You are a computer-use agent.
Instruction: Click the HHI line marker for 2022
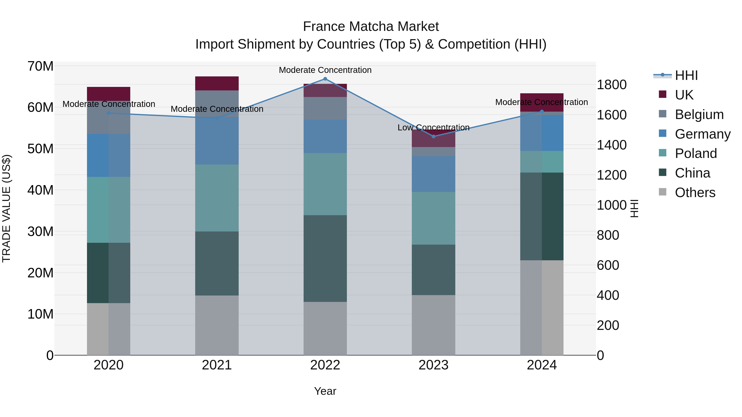click(325, 79)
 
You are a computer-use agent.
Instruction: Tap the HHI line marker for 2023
click(433, 136)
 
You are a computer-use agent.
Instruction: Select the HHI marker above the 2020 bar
click(109, 113)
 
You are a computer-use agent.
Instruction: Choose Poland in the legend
click(696, 153)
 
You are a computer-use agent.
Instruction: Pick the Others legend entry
click(695, 193)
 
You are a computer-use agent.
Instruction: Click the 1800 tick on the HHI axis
click(612, 85)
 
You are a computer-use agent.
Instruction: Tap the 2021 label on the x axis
click(217, 365)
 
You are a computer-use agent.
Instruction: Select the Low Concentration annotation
click(433, 127)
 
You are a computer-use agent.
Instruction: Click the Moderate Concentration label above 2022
click(325, 70)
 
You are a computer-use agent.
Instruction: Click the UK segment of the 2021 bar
click(217, 83)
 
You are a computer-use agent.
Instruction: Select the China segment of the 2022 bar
click(325, 258)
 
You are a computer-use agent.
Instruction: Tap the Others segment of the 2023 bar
click(433, 325)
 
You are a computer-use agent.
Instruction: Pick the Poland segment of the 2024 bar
click(542, 162)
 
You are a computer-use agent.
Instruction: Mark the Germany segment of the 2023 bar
click(433, 174)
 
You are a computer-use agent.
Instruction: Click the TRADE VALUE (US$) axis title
click(6, 208)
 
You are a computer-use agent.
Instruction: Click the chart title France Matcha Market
click(371, 27)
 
